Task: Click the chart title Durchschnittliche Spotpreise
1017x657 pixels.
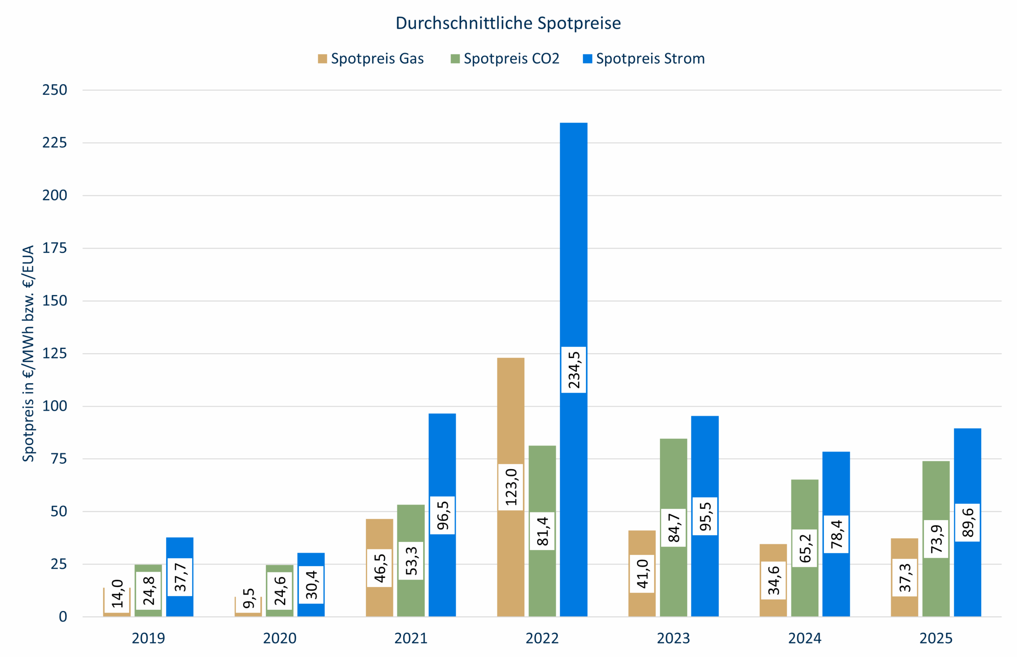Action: click(508, 23)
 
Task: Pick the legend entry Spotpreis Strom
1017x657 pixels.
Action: click(644, 58)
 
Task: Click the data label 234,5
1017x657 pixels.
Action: click(573, 370)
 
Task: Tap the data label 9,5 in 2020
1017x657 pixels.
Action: click(248, 598)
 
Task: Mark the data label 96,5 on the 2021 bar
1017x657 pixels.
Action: click(442, 515)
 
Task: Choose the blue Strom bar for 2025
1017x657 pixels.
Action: click(967, 469)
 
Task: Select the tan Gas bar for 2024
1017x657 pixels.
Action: click(773, 555)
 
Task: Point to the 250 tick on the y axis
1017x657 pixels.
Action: click(55, 90)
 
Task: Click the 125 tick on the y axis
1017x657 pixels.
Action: click(55, 354)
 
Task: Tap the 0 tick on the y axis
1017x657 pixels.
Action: click(63, 617)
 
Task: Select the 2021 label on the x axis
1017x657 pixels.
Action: click(411, 638)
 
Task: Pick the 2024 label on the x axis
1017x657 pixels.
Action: click(804, 638)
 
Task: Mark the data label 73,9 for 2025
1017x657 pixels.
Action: click(936, 539)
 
